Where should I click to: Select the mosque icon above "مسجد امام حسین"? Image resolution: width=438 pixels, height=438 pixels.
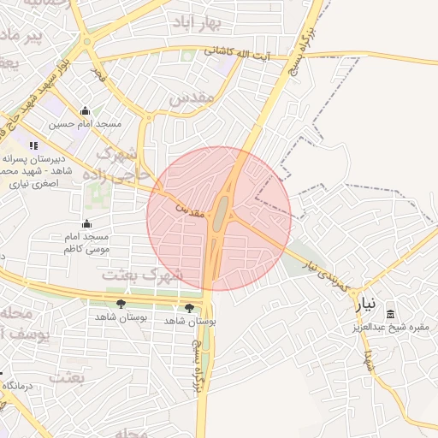85,111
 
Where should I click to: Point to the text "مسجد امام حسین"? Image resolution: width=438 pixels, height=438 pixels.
85,124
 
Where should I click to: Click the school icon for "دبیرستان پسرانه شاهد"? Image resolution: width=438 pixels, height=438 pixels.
34,146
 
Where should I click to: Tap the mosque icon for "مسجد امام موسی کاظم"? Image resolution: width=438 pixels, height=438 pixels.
86,223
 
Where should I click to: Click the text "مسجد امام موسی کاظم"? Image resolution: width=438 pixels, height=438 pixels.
86,242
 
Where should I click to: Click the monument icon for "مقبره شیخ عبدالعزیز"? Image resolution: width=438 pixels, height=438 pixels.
391,314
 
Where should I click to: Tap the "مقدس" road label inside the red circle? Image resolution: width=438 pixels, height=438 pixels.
192,209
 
